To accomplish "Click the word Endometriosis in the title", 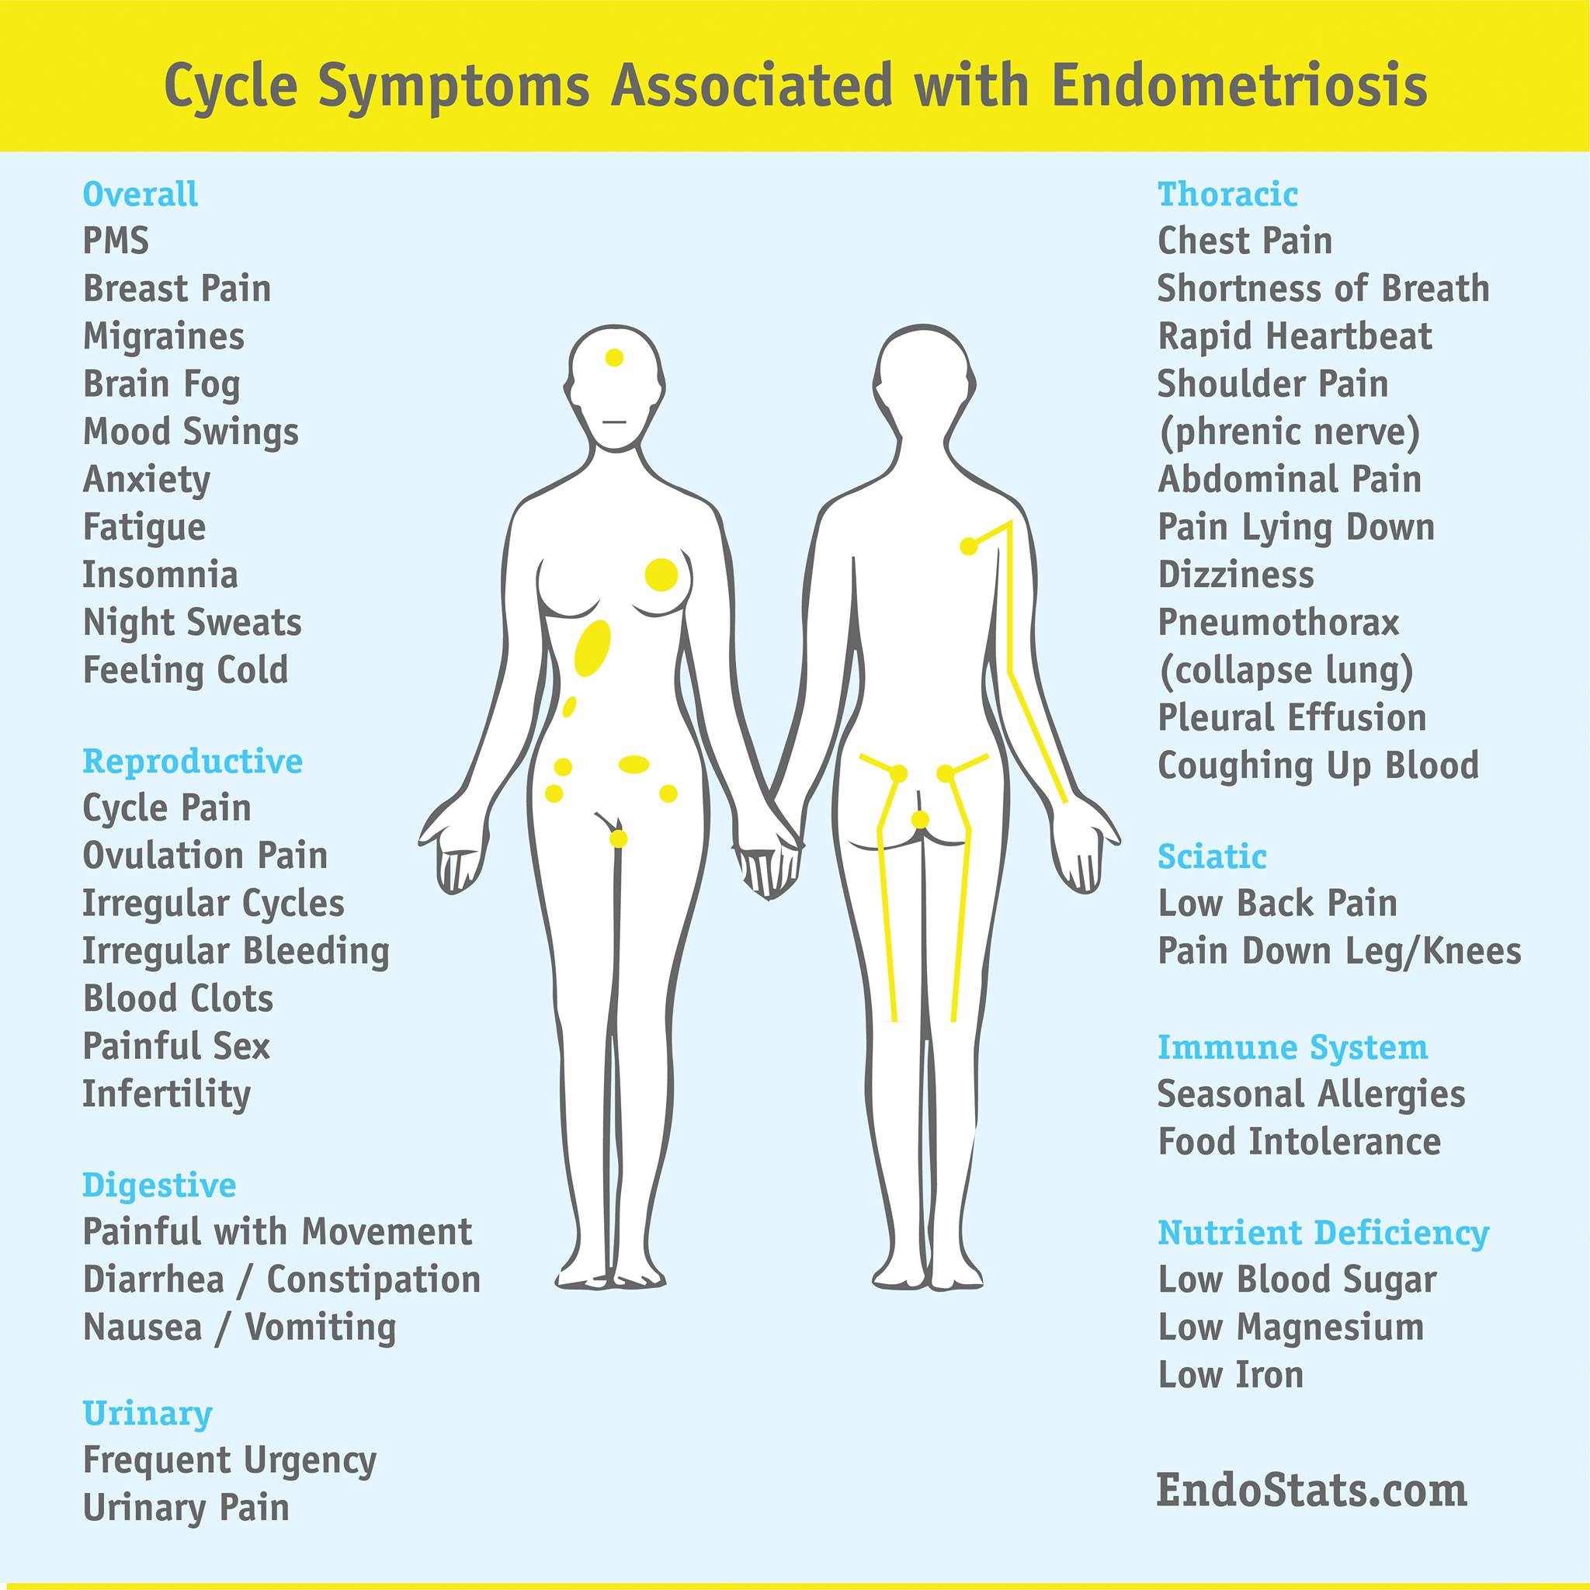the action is (x=1239, y=85).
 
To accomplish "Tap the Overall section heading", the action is (x=141, y=194).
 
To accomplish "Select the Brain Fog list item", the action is (x=161, y=384).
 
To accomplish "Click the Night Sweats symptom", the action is (x=193, y=623).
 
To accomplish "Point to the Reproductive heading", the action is (x=193, y=762).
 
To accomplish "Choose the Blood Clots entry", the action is (x=178, y=998).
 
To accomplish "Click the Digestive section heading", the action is (x=160, y=1185).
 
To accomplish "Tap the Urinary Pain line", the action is (x=186, y=1507).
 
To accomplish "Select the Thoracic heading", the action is (x=1228, y=194).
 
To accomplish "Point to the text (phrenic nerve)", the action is (x=1290, y=432).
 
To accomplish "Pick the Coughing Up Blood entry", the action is (x=1318, y=765).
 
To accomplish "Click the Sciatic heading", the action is (x=1212, y=857).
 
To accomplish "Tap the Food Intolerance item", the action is (x=1300, y=1141).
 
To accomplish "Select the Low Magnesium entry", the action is (x=1290, y=1328).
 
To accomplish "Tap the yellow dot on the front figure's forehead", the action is (x=614, y=357).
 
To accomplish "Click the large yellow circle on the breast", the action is (x=661, y=575).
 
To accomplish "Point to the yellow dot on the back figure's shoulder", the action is (x=970, y=546).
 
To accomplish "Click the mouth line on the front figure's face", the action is (x=615, y=422).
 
